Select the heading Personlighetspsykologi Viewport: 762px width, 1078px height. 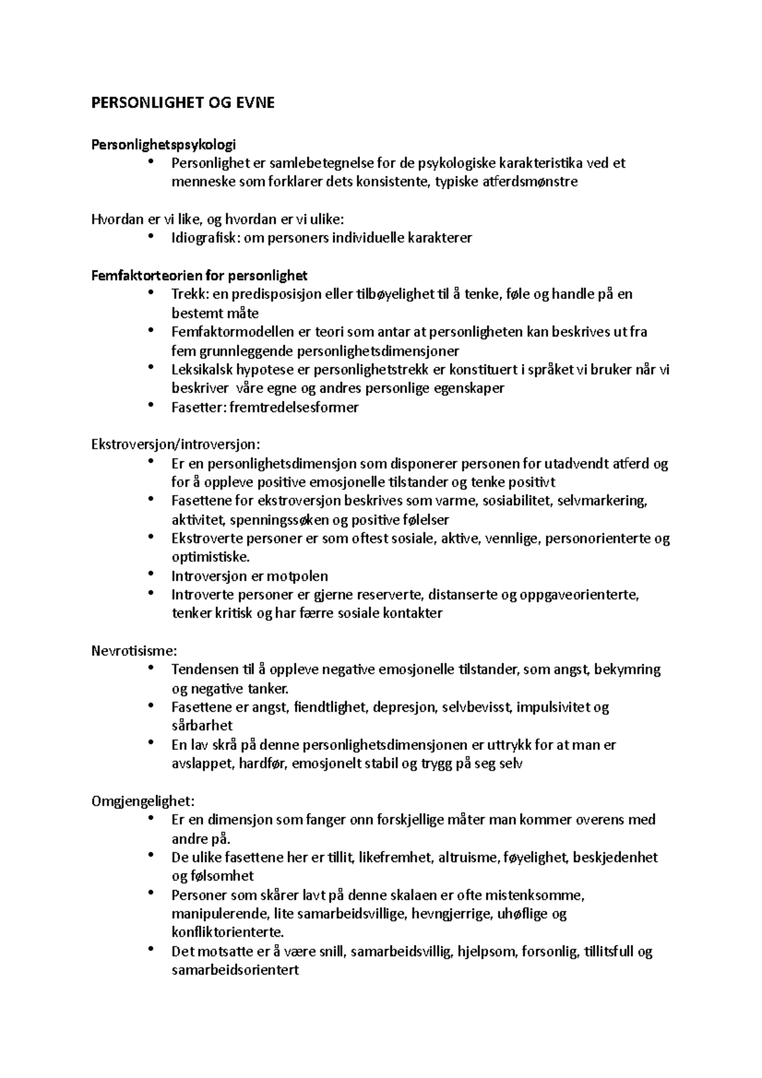click(x=164, y=144)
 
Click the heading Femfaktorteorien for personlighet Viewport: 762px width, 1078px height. click(x=199, y=276)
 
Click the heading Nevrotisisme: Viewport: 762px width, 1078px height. click(x=134, y=651)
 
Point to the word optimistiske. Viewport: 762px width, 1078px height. click(x=210, y=557)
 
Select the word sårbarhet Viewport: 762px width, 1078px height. click(x=202, y=726)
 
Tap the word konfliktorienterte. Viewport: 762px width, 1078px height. click(x=227, y=933)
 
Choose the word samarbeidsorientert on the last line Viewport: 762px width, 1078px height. click(x=235, y=970)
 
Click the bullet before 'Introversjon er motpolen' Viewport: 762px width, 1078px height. click(x=150, y=574)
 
